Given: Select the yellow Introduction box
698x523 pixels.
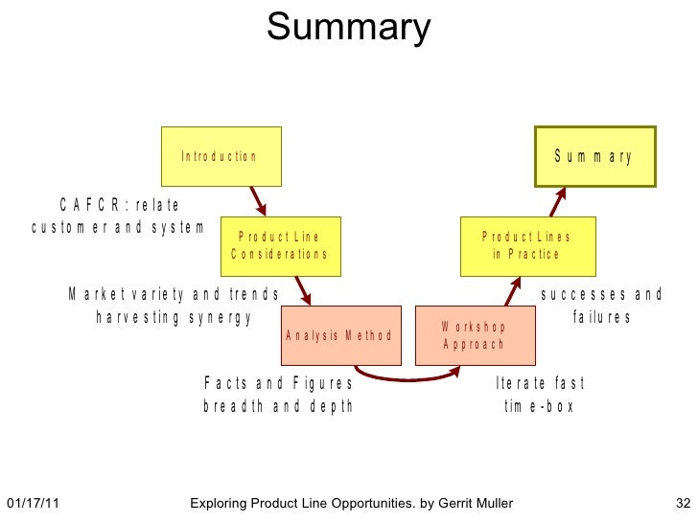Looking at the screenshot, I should pos(221,156).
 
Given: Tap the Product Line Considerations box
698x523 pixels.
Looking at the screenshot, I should pos(279,245).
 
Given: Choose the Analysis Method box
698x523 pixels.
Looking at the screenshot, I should pos(338,335).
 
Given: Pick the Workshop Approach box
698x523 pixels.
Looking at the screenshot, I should pos(474,335).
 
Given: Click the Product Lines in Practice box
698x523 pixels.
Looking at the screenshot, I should pos(525,245).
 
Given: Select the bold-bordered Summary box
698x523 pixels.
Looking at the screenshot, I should pos(594,156).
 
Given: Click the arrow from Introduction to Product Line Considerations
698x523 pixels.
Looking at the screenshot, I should pos(257,201).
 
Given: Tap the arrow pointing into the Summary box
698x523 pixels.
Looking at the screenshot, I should pos(558,201).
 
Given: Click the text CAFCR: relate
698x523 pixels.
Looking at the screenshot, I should pos(119,205).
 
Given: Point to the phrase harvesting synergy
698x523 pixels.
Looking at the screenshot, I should pos(174,318).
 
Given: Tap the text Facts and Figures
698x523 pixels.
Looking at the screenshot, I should pos(278,383).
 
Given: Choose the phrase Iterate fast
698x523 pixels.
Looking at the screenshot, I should pos(539,383).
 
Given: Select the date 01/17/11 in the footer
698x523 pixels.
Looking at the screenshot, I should pos(33,503).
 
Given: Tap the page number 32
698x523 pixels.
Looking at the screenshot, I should pos(683,503).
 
